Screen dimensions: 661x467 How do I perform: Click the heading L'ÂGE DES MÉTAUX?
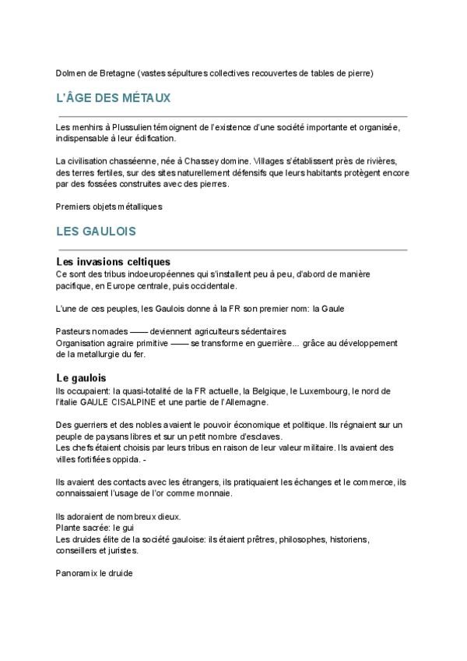click(114, 99)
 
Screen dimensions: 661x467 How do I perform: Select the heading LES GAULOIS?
click(97, 232)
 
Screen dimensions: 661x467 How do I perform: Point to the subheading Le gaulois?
click(81, 378)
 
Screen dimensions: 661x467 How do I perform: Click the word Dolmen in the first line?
click(71, 73)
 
